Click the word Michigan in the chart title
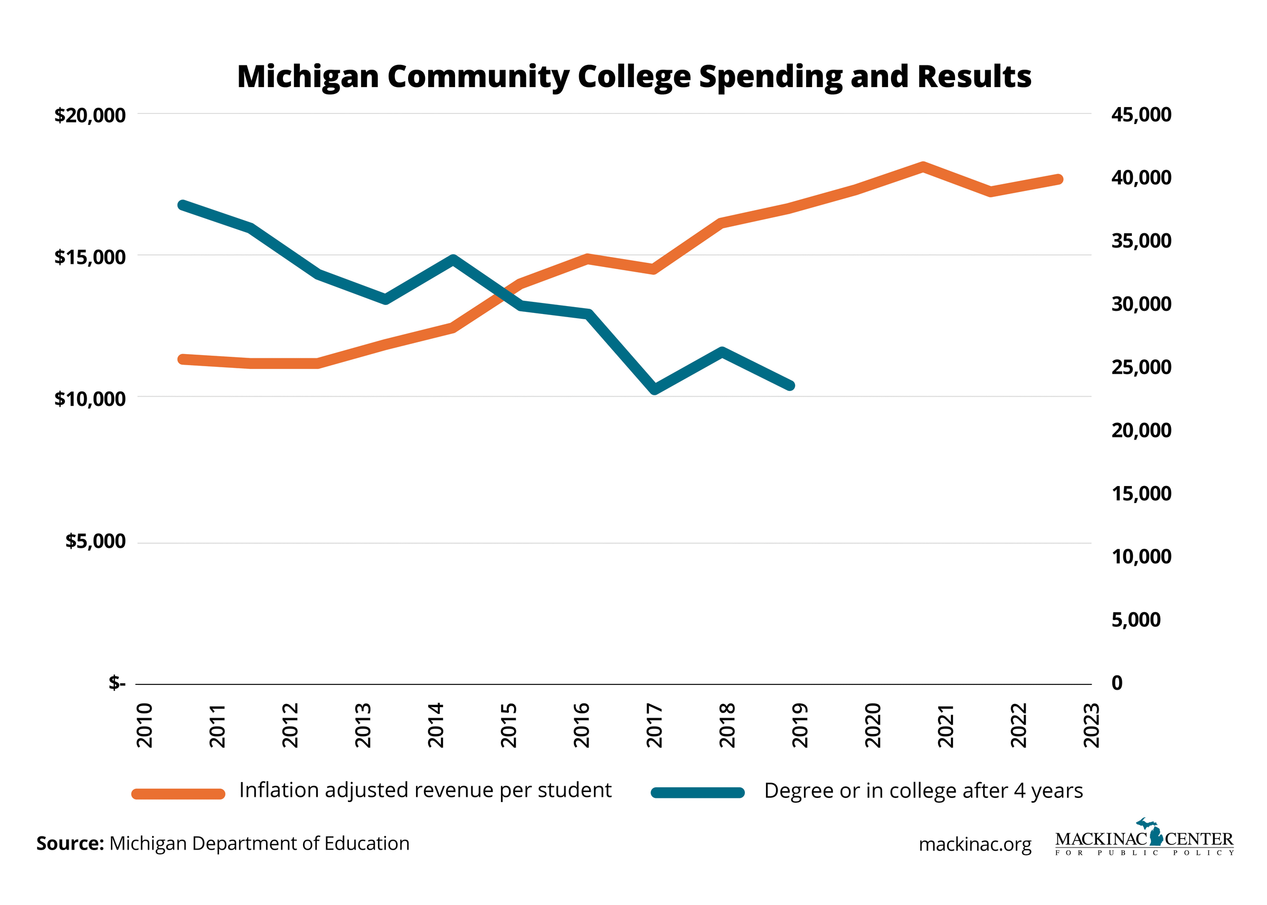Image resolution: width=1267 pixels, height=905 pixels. click(308, 77)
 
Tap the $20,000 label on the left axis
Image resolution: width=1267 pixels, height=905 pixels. click(90, 116)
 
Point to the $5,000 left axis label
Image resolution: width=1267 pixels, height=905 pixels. click(96, 541)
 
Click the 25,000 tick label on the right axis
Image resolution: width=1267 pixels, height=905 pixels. click(1140, 367)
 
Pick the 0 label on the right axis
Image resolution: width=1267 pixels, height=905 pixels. click(1117, 683)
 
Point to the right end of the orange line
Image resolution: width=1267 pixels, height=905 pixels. click(1058, 179)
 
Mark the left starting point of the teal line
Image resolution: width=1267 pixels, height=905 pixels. click(182, 205)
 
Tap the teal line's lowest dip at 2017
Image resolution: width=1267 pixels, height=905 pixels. click(655, 389)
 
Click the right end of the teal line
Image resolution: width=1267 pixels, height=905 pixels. click(790, 385)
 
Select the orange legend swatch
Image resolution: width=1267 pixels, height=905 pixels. click(178, 794)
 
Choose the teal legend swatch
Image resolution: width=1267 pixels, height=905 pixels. click(697, 793)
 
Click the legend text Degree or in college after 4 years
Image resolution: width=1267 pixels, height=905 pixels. click(923, 791)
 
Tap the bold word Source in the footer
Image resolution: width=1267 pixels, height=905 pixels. click(70, 844)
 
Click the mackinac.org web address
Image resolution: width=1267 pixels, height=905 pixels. click(975, 844)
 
